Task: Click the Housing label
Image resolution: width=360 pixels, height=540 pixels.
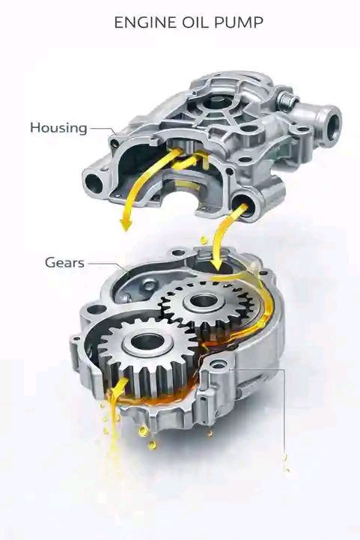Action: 58,128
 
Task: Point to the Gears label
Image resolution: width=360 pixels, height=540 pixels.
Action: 64,263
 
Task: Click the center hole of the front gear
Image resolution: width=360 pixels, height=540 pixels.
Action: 148,342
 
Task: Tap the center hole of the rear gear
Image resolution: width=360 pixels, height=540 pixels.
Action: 203,300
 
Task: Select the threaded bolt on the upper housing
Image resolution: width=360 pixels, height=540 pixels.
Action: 287,98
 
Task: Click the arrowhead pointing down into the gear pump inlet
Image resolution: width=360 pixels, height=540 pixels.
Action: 217,264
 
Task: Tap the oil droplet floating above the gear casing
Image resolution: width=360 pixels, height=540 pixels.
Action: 204,240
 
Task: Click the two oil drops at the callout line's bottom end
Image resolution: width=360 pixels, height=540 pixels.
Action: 286,463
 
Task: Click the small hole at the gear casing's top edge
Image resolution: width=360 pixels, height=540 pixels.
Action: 177,253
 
